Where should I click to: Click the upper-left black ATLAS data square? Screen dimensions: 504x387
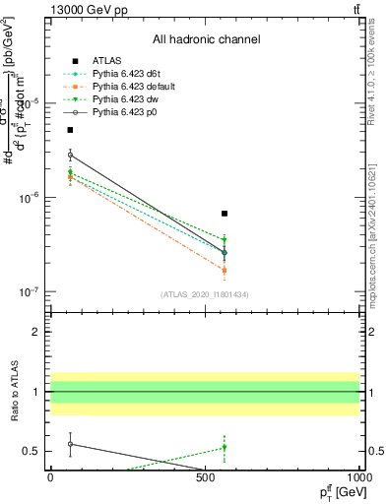(x=70, y=130)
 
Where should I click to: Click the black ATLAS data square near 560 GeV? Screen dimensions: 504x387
(x=225, y=214)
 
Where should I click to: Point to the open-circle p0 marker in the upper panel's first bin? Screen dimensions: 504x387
(x=70, y=156)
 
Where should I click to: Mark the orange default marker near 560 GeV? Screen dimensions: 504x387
(x=225, y=270)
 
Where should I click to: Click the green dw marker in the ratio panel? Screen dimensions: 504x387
(x=225, y=447)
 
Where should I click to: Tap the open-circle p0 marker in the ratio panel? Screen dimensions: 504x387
(x=70, y=444)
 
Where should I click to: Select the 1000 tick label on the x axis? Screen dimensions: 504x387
(x=359, y=481)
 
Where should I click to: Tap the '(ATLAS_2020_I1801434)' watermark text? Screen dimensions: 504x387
(x=205, y=295)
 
